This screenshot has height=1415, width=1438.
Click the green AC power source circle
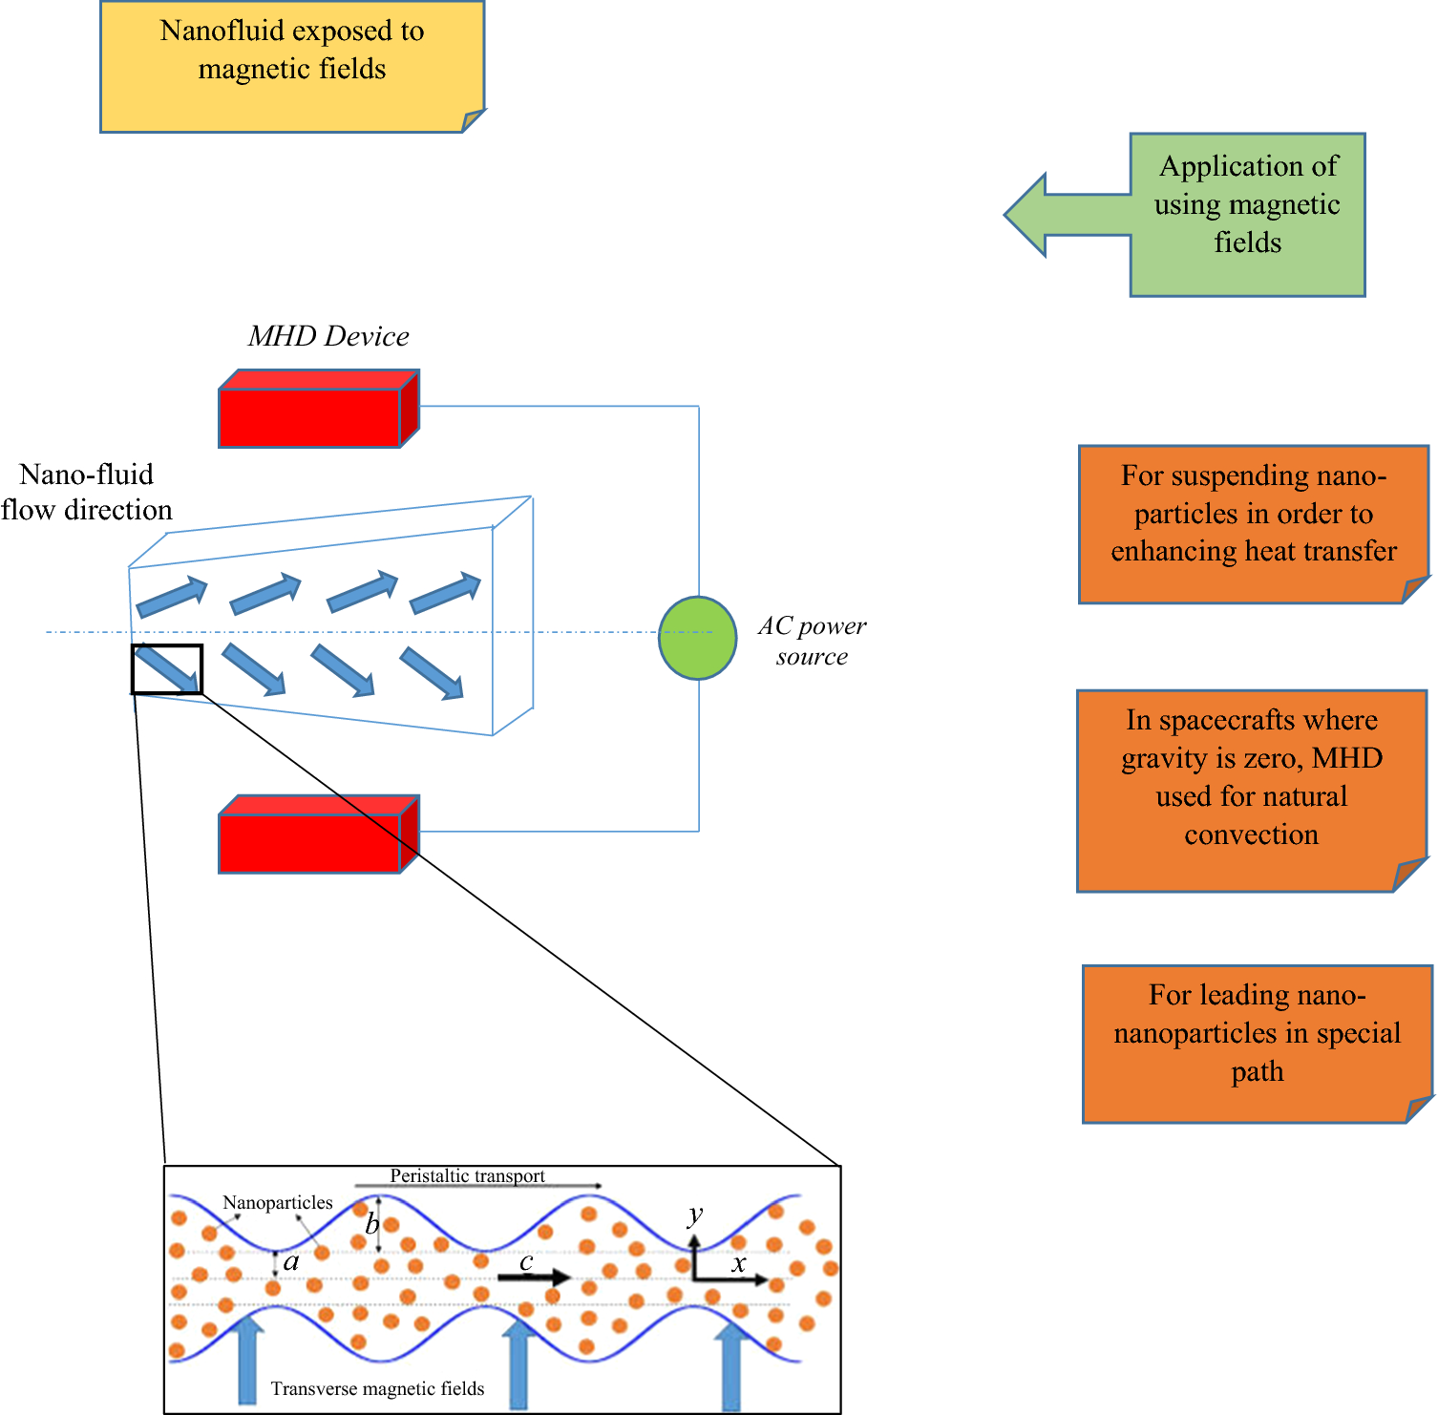pyautogui.click(x=698, y=638)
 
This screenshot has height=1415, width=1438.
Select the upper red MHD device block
pyautogui.click(x=319, y=409)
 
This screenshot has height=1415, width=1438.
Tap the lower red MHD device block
pyautogui.click(x=319, y=834)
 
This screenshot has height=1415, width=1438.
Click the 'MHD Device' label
pyautogui.click(x=328, y=336)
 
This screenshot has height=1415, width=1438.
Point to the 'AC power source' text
pyautogui.click(x=812, y=641)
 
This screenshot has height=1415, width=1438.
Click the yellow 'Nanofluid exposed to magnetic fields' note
pyautogui.click(x=293, y=67)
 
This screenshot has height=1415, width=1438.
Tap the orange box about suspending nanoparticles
pyautogui.click(x=1254, y=524)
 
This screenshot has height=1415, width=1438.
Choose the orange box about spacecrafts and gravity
pyautogui.click(x=1253, y=791)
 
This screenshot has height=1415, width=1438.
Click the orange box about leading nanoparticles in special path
pyautogui.click(x=1258, y=1044)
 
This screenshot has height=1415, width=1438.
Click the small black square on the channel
pyautogui.click(x=167, y=669)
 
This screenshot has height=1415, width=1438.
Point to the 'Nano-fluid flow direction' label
pyautogui.click(x=87, y=492)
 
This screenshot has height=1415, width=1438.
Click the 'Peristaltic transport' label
pyautogui.click(x=467, y=1176)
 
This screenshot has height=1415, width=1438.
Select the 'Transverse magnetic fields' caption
pyautogui.click(x=377, y=1388)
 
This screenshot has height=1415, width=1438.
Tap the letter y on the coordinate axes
pyautogui.click(x=695, y=1215)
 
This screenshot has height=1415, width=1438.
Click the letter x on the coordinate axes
pyautogui.click(x=738, y=1265)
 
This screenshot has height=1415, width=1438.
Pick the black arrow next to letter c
pyautogui.click(x=535, y=1278)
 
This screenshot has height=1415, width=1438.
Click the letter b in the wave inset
pyautogui.click(x=372, y=1223)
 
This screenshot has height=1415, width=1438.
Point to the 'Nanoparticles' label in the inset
pyautogui.click(x=278, y=1203)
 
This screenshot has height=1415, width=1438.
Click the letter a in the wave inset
pyautogui.click(x=291, y=1262)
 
